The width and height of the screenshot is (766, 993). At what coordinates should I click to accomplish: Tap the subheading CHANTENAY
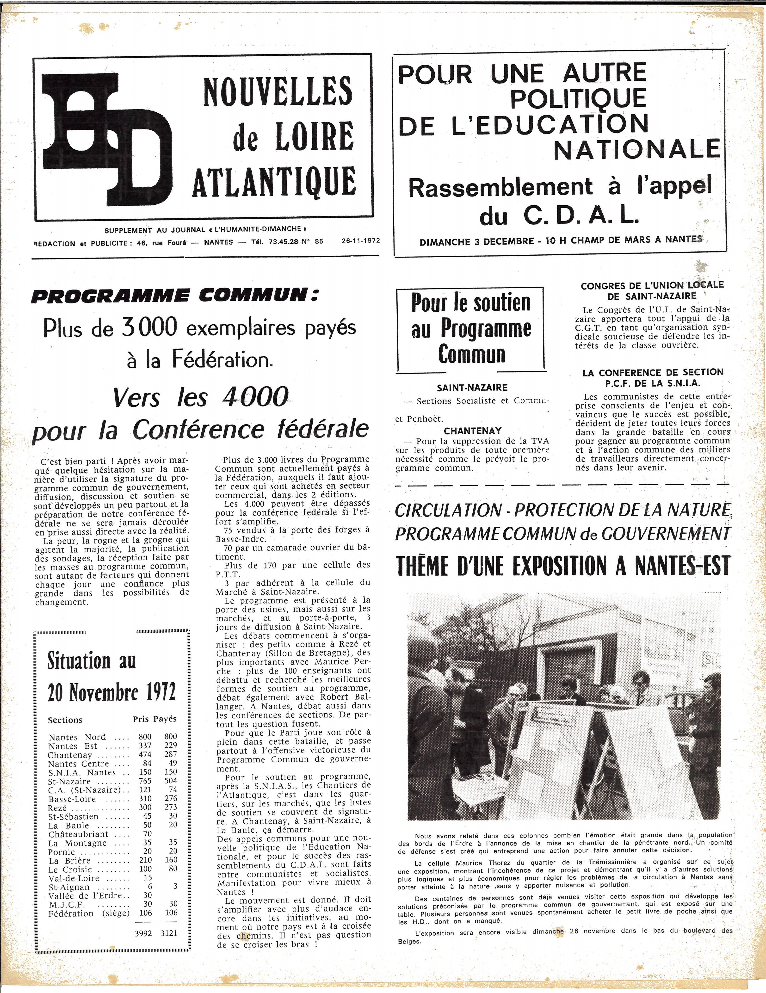click(473, 431)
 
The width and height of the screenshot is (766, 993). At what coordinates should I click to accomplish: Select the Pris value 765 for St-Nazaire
click(145, 781)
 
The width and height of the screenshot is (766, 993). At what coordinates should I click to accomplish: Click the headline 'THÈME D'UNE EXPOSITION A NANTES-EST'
click(563, 566)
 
